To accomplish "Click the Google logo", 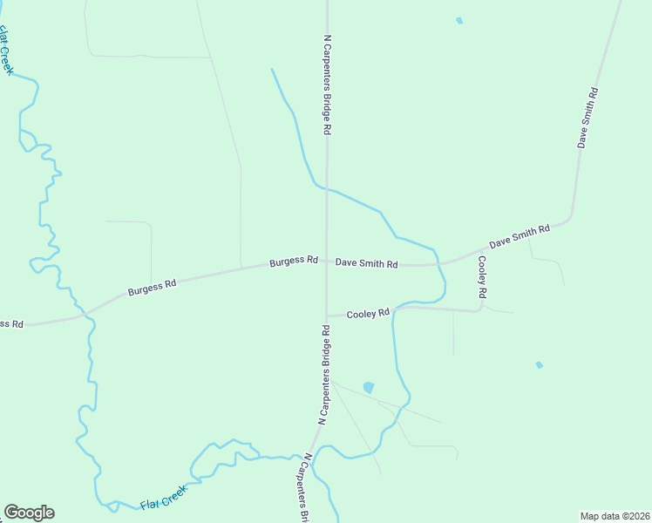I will pos(29,513).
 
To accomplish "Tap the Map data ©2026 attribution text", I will pos(614,515).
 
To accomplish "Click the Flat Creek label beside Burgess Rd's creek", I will pos(7,51).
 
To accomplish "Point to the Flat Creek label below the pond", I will pos(164,499).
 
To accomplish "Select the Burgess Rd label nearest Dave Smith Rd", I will pos(293,261).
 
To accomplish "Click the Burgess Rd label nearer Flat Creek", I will pos(153,287).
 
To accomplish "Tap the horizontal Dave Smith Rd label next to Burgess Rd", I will pos(366,262).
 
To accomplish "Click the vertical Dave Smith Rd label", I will pos(588,118).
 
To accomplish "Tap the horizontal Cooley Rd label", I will pos(368,314).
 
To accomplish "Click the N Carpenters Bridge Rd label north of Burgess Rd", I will pos(328,84).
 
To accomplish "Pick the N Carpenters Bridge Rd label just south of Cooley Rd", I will pos(324,375).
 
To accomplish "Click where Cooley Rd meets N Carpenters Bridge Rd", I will pos(327,316).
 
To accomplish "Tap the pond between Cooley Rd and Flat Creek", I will pos(368,388).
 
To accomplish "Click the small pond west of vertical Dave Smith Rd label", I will pos(459,20).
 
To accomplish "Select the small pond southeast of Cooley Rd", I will pos(539,364).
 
